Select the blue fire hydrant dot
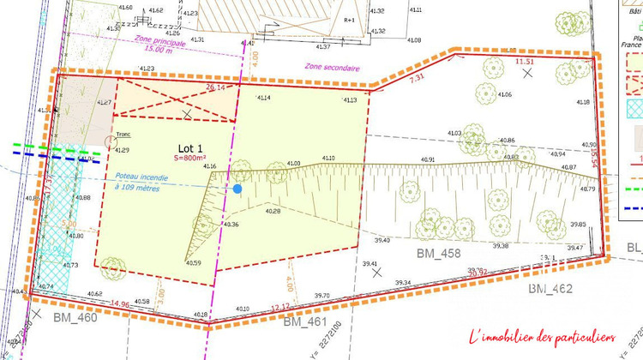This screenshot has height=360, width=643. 237,189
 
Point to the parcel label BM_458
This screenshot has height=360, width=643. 439,254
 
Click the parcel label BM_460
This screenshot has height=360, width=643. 75,318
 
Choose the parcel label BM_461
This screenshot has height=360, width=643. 306,322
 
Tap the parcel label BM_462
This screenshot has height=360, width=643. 550,289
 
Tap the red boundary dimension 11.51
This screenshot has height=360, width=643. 525,62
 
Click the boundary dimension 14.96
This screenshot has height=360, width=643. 120,305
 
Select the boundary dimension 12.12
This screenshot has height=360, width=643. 281,307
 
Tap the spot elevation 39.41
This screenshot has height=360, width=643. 370,264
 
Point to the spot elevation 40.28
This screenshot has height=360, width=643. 273,211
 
